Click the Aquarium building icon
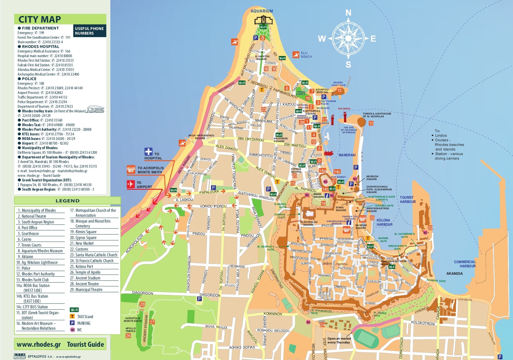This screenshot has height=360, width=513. point(263,20)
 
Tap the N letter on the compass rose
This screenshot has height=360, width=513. point(348,13)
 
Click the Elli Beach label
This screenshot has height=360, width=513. point(306,55)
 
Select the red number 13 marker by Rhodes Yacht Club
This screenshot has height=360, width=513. point(339,90)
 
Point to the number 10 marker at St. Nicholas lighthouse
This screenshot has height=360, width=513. point(371,123)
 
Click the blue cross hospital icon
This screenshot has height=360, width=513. point(148,152)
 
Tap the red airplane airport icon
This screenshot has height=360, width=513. point(131,184)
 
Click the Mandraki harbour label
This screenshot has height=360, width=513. point(347,155)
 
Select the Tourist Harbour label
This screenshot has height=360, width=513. point(408,200)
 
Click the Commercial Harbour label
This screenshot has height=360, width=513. point(465,264)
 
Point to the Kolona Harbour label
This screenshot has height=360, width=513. point(384,222)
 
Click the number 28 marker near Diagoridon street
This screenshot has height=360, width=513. point(142,304)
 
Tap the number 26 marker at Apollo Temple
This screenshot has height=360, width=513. point(128,336)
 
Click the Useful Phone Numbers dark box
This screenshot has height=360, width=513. point(89,31)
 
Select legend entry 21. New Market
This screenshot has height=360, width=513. point(84,243)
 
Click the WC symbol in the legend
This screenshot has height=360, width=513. point(72,330)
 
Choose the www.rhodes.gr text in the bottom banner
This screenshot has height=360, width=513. point(39,344)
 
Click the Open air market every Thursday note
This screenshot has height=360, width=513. point(338,341)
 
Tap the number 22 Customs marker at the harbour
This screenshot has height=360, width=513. point(430,228)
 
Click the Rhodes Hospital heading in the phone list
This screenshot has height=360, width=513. point(40,47)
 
